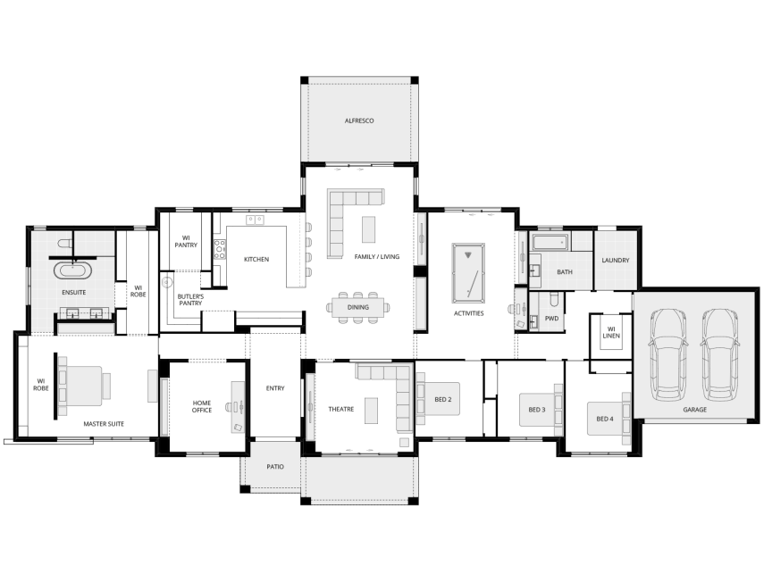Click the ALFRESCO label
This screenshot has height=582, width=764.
click(x=358, y=121)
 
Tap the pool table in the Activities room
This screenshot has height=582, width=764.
click(x=467, y=272)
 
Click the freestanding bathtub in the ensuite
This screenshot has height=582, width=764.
click(x=73, y=270)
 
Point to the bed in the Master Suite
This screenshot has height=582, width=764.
click(x=84, y=386)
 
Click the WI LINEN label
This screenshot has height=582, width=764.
click(x=611, y=333)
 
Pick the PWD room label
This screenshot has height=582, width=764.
click(x=551, y=318)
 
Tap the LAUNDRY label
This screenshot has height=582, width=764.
click(x=616, y=261)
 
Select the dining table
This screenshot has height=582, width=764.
click(x=357, y=308)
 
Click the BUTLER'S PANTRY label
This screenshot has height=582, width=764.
click(x=190, y=300)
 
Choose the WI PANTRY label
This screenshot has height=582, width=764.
click(x=186, y=241)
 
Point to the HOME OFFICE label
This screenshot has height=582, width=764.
click(x=202, y=406)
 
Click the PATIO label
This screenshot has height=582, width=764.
click(x=275, y=467)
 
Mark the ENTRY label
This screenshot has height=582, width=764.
click(x=275, y=388)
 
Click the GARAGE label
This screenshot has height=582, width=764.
click(x=694, y=410)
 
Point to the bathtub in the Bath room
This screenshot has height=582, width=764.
click(x=549, y=242)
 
